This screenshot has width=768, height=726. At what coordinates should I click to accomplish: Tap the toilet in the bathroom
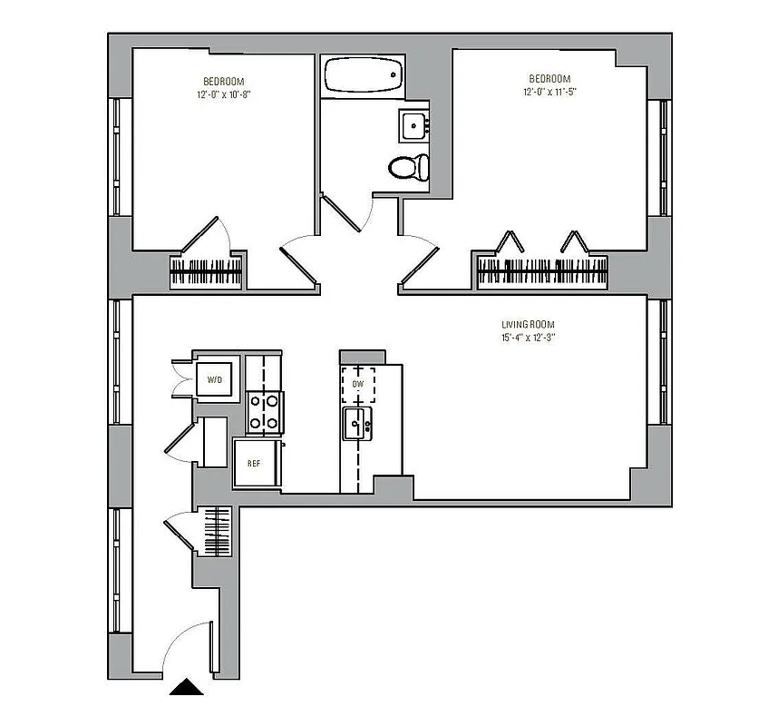pos(406,168)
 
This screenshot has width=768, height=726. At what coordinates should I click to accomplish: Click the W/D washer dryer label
pos(215,379)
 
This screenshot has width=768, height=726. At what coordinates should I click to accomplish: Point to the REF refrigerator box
pos(255,463)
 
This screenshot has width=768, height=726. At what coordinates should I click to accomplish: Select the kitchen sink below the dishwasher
pos(356,423)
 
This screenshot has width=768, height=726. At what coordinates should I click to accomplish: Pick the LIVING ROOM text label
pos(528,324)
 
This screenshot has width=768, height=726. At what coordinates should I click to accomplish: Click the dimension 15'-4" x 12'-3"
pos(528,338)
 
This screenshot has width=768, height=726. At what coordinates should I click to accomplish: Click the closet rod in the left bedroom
pos(207,273)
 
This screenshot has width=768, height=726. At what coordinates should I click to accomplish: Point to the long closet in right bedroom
pos(542,272)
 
